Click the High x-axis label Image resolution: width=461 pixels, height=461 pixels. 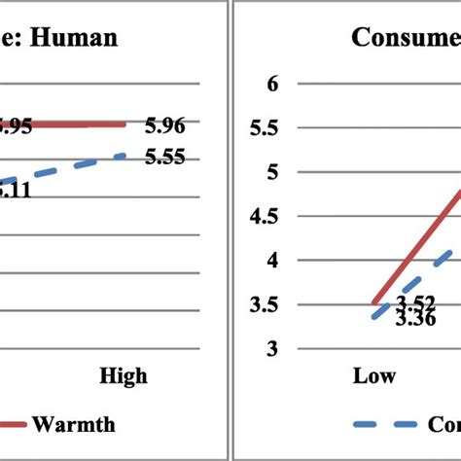pyautogui.click(x=124, y=375)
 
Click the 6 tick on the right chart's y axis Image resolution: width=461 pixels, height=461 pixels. pyautogui.click(x=272, y=84)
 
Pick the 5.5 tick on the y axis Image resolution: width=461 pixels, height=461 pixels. pyautogui.click(x=266, y=127)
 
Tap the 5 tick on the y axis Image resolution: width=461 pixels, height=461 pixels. pyautogui.click(x=272, y=172)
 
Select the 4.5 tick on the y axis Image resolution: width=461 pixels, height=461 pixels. pyautogui.click(x=266, y=216)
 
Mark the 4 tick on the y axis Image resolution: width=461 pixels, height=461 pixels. pyautogui.click(x=272, y=260)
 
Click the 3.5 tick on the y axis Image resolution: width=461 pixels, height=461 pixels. pyautogui.click(x=266, y=304)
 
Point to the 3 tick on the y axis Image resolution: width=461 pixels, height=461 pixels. pyautogui.click(x=272, y=348)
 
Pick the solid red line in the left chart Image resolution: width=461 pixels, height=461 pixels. pyautogui.click(x=78, y=124)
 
